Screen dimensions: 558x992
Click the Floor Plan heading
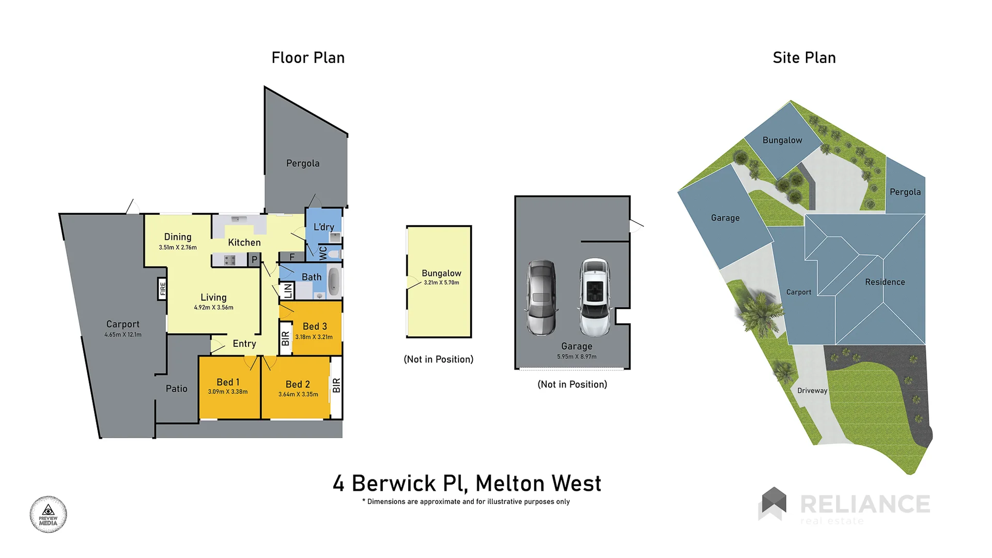[308, 58]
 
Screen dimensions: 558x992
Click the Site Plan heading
[804, 58]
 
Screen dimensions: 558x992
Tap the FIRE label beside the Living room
[163, 289]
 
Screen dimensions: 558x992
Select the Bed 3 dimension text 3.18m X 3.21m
[314, 337]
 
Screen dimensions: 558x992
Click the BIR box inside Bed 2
[336, 385]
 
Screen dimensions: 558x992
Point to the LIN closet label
[288, 290]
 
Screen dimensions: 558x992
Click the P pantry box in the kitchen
[254, 259]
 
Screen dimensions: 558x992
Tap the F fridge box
[292, 257]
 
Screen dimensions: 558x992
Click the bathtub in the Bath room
[334, 282]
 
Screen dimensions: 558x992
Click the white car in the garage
[595, 297]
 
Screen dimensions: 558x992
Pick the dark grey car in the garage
[541, 297]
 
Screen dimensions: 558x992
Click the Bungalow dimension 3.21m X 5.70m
[441, 283]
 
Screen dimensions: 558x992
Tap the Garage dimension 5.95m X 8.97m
[577, 357]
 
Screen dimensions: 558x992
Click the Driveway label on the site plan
[812, 391]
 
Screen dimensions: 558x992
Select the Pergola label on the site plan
[905, 192]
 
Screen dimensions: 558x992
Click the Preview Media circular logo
[48, 515]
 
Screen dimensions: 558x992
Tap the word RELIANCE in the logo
[865, 504]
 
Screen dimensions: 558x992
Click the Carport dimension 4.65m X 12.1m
[123, 335]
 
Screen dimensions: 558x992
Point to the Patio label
[176, 389]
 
